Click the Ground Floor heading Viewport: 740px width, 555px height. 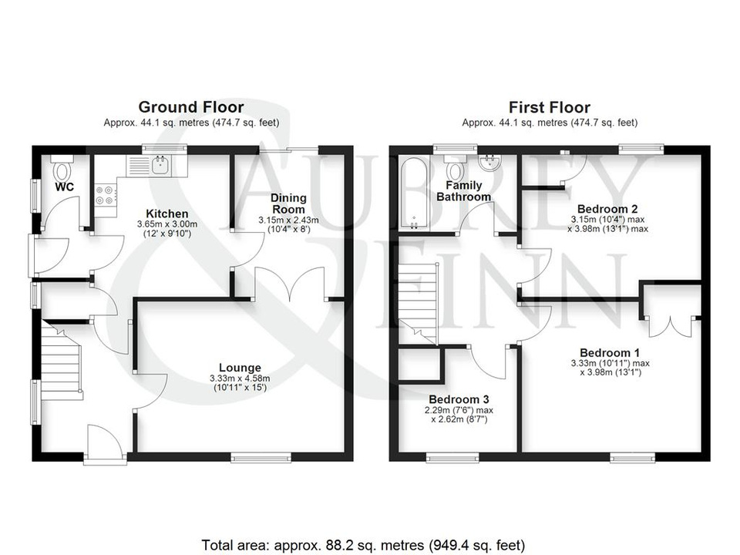tap(191, 108)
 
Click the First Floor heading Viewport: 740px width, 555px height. tap(550, 108)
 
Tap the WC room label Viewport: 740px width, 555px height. tap(64, 187)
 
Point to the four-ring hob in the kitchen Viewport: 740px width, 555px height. tap(105, 194)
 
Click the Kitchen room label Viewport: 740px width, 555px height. tap(167, 214)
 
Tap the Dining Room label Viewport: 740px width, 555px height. tap(289, 203)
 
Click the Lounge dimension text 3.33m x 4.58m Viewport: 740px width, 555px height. tap(240, 378)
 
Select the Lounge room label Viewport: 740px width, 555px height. tap(240, 368)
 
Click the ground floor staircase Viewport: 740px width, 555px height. tap(61, 360)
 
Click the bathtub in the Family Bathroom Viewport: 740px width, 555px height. tap(414, 193)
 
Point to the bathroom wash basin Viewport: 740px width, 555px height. tap(489, 163)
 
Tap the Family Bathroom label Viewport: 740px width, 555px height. tap(464, 191)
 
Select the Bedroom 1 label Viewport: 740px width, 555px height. tap(610, 352)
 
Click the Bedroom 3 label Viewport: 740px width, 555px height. tap(459, 399)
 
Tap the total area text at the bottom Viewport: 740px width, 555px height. tap(363, 545)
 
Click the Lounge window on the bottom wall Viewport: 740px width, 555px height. tap(261, 457)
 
